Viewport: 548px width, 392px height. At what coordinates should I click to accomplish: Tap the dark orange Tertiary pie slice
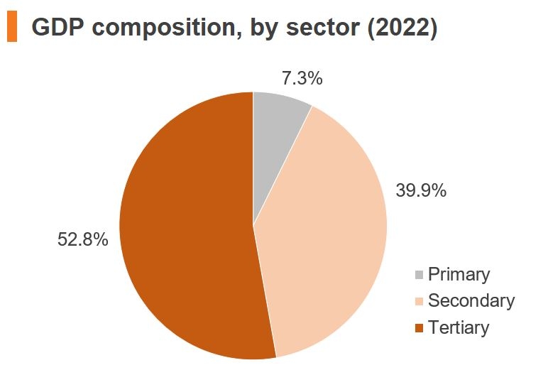point(185,227)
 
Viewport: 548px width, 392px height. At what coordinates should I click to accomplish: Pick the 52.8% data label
point(82,240)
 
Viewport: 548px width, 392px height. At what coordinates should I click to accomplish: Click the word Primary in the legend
point(459,275)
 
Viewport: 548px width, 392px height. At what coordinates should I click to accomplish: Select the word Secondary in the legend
point(471,301)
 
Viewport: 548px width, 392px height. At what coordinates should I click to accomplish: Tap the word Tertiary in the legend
point(459,327)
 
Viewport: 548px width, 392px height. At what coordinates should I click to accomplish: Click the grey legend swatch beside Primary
point(419,276)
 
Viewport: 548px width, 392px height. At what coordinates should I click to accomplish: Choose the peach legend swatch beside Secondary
point(419,302)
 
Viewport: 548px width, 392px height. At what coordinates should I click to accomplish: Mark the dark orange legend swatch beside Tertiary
point(419,328)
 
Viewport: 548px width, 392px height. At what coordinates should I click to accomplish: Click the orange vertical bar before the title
point(11,28)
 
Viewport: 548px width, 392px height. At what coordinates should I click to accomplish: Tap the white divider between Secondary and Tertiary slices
point(265,291)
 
